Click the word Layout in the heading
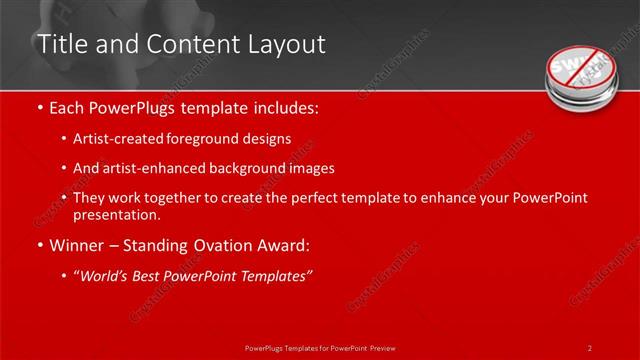click(286, 44)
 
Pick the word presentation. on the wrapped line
click(116, 214)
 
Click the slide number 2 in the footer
click(590, 347)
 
